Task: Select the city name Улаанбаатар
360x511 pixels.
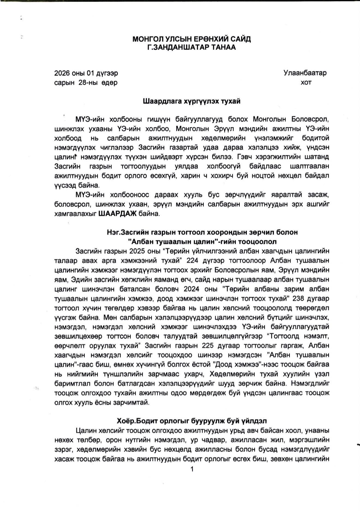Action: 305,73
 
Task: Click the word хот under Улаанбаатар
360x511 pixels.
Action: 306,82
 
